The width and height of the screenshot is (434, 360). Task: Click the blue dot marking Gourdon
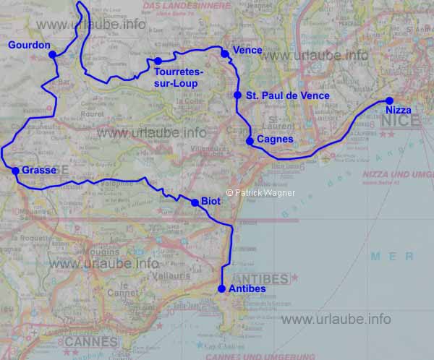pos(52,54)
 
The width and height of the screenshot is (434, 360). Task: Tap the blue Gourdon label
pos(29,46)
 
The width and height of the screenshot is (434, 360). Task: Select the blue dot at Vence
pos(227,51)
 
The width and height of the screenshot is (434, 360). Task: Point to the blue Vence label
pos(247,51)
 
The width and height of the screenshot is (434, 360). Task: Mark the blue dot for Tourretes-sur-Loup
pos(158,61)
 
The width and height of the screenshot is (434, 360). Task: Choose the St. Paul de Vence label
pos(287,95)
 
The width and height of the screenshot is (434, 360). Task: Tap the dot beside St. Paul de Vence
pos(237,95)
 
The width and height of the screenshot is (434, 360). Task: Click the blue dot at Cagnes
pos(250,141)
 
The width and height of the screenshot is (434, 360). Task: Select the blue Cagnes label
pos(275,140)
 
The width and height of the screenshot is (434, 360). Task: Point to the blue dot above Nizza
pos(389,100)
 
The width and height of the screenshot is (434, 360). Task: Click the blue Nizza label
pos(398,111)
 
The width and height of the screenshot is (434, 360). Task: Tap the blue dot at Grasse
pos(15,171)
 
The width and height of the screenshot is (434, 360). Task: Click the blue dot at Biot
pos(194,203)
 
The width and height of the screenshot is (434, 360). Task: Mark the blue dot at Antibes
pos(221,289)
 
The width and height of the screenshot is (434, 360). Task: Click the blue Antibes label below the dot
pos(247,289)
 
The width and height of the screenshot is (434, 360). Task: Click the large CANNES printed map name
pos(90,341)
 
